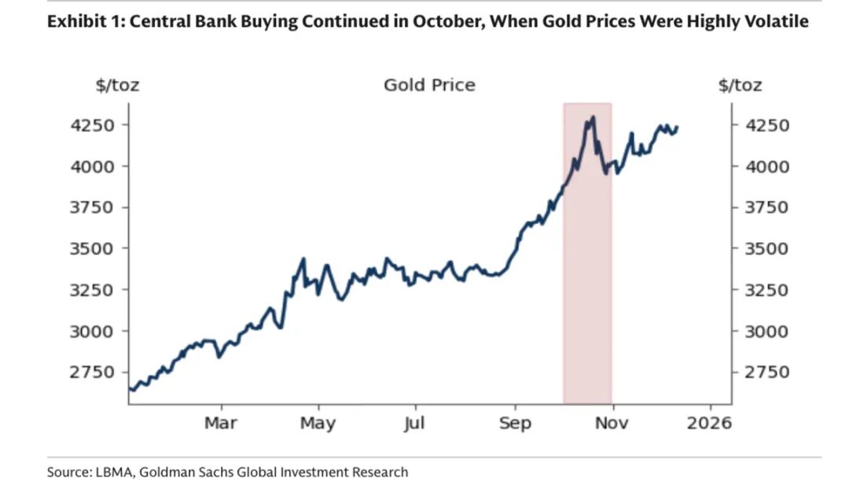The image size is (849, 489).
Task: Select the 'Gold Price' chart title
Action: [x=429, y=85]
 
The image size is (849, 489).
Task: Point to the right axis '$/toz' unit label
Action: [x=740, y=85]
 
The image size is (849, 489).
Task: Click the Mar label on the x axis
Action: [x=221, y=423]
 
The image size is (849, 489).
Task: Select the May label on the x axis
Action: [x=318, y=423]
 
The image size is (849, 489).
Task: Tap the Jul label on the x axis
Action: [x=414, y=423]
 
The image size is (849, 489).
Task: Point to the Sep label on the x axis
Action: [x=515, y=423]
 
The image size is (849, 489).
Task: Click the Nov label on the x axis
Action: [x=612, y=423]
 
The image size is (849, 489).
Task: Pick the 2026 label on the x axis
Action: [x=711, y=423]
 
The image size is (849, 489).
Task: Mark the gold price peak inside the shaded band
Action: [x=593, y=117]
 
